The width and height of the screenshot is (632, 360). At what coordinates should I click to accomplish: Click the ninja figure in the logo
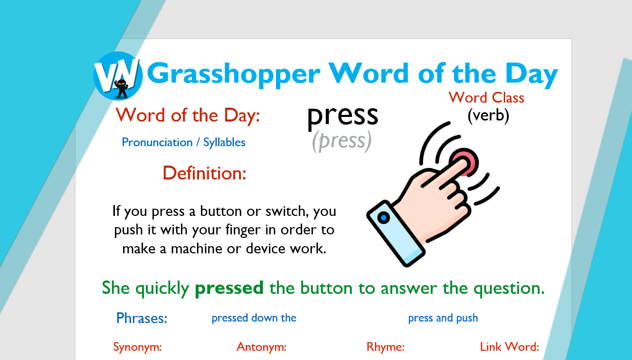[122, 89]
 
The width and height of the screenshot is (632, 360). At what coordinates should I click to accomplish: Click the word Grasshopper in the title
[233, 74]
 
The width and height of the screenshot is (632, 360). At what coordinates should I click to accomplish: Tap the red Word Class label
[486, 97]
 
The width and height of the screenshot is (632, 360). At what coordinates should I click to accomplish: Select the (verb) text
[488, 115]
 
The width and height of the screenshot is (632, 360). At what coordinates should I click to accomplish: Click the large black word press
[343, 116]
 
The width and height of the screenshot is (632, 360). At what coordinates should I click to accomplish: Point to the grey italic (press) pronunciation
[342, 141]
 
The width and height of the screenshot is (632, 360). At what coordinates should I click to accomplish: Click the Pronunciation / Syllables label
[184, 142]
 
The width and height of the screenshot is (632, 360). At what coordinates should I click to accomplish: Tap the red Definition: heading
[204, 173]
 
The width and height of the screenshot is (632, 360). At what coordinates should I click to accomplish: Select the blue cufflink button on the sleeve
[383, 217]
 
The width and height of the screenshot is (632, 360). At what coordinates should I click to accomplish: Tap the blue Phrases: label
[142, 318]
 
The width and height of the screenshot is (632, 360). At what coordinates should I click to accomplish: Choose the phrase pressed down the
[254, 318]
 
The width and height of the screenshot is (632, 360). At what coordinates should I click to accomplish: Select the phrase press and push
[443, 318]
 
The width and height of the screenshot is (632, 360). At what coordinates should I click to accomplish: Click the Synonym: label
[137, 347]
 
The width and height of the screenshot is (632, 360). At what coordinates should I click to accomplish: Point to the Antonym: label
[262, 347]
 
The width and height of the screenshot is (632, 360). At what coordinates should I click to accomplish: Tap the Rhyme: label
[385, 347]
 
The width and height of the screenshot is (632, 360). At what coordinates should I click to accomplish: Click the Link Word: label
[509, 347]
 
